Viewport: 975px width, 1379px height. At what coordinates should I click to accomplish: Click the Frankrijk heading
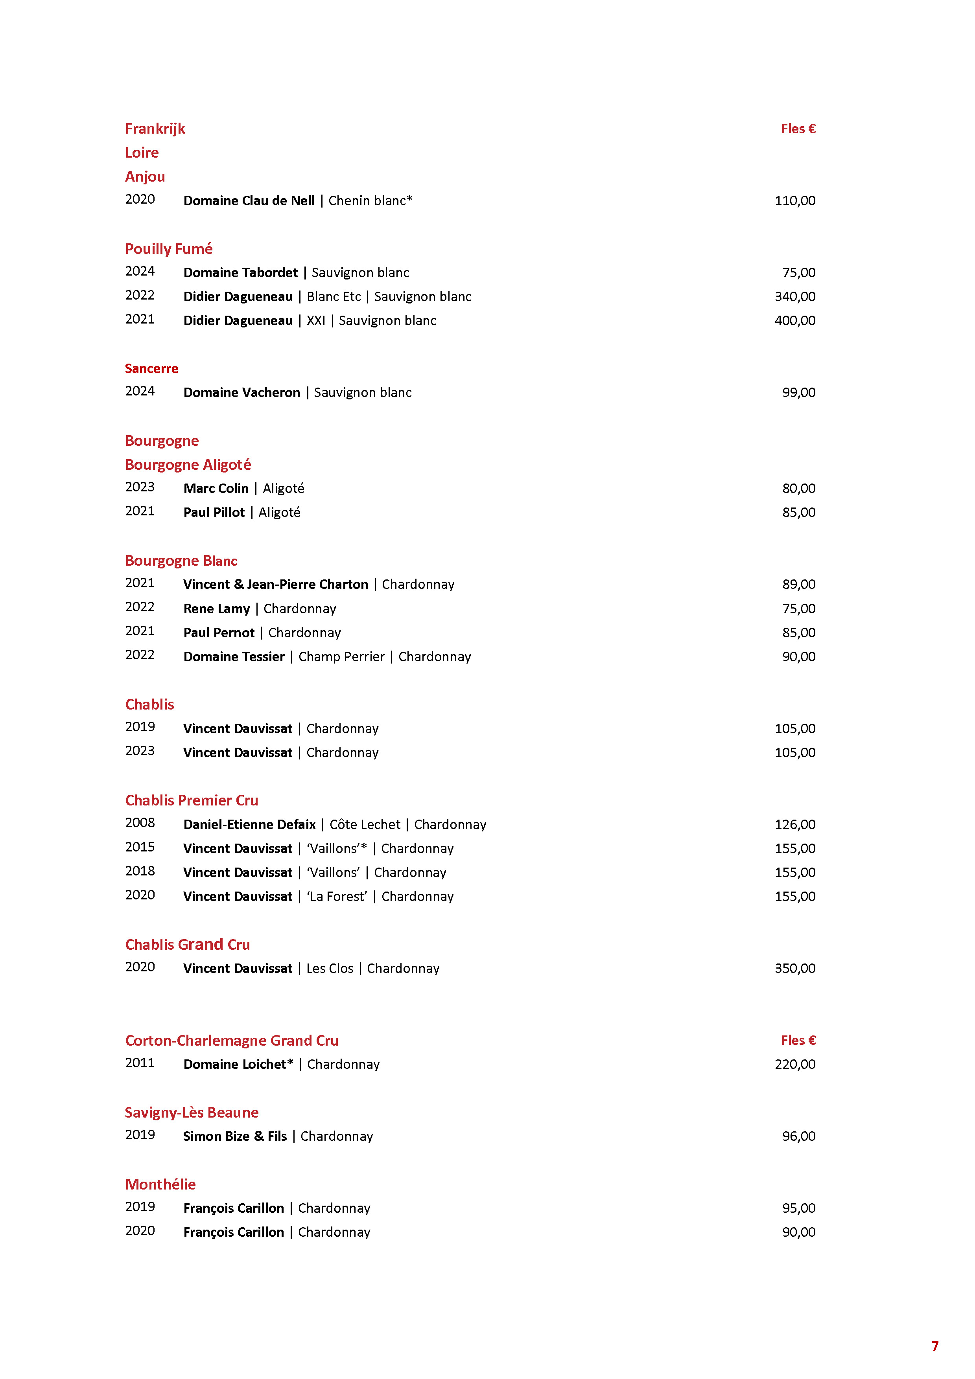155,129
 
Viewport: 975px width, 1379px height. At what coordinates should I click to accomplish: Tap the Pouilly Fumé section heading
169,249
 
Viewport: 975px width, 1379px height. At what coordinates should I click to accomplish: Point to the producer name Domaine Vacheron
241,393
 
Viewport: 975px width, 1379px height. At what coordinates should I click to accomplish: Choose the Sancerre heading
151,369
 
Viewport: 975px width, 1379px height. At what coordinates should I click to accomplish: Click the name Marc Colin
216,488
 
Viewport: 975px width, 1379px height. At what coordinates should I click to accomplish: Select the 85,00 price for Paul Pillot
798,512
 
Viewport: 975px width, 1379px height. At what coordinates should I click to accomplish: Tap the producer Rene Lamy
216,609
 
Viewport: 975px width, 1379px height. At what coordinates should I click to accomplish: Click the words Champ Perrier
341,656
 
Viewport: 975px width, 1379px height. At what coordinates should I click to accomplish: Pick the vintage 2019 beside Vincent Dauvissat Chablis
140,727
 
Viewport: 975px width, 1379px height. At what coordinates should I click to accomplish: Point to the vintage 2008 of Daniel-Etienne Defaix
140,823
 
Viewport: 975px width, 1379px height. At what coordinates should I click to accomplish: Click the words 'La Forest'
337,896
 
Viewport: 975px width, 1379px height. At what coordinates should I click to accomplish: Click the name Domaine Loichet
238,1064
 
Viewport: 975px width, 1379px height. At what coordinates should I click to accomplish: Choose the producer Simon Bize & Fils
235,1136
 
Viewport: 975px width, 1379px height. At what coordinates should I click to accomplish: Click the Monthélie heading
160,1184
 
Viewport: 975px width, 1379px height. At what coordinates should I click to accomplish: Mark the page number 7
935,1346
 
